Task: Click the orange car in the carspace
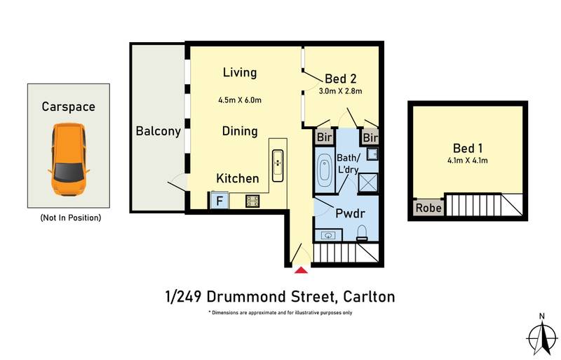coord(68,159)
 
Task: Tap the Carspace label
coord(68,107)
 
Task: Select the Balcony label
coord(158,131)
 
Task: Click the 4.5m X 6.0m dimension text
coord(240,100)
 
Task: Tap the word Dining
coord(240,131)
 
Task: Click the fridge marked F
coord(219,201)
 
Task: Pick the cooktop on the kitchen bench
coord(252,201)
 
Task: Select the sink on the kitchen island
coord(278,163)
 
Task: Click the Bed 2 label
coord(339,78)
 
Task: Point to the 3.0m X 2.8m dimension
coord(340,91)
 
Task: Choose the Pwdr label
coord(350,213)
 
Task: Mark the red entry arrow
coord(301,270)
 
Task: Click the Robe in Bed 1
coord(426,208)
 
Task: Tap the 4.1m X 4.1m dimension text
coord(468,161)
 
